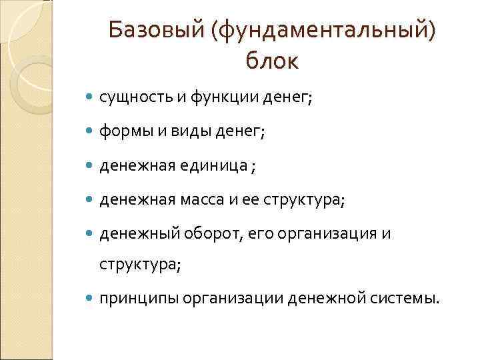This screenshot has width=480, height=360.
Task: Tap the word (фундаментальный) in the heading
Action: click(325, 29)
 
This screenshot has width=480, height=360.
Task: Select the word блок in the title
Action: click(272, 61)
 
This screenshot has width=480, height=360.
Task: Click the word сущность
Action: click(135, 98)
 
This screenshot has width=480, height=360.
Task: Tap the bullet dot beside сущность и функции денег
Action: click(90, 99)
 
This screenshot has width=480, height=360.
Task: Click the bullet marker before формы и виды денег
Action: click(90, 133)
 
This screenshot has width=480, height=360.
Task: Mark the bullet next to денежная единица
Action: click(90, 167)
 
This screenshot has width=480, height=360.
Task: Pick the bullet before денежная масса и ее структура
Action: click(90, 201)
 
